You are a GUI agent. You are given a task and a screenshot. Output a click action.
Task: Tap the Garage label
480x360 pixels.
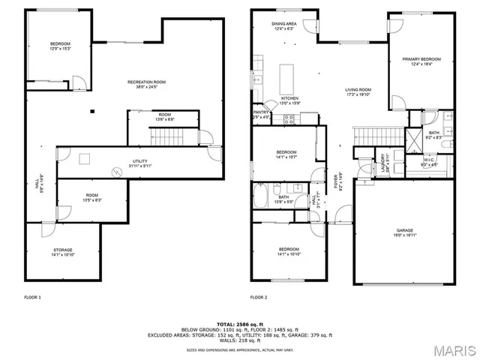coord(405,230)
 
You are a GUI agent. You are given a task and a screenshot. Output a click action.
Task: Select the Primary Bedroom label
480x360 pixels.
coord(421,59)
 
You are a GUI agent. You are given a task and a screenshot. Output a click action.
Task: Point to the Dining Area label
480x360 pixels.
coord(284,24)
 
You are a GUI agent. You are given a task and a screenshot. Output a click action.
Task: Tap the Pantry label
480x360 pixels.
coord(259,112)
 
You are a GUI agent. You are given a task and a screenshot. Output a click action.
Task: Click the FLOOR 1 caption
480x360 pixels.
coord(32,298)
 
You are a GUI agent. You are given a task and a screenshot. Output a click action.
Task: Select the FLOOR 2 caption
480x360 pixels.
coord(259,298)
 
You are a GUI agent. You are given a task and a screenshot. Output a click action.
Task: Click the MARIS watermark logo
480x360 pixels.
coord(448,349)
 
